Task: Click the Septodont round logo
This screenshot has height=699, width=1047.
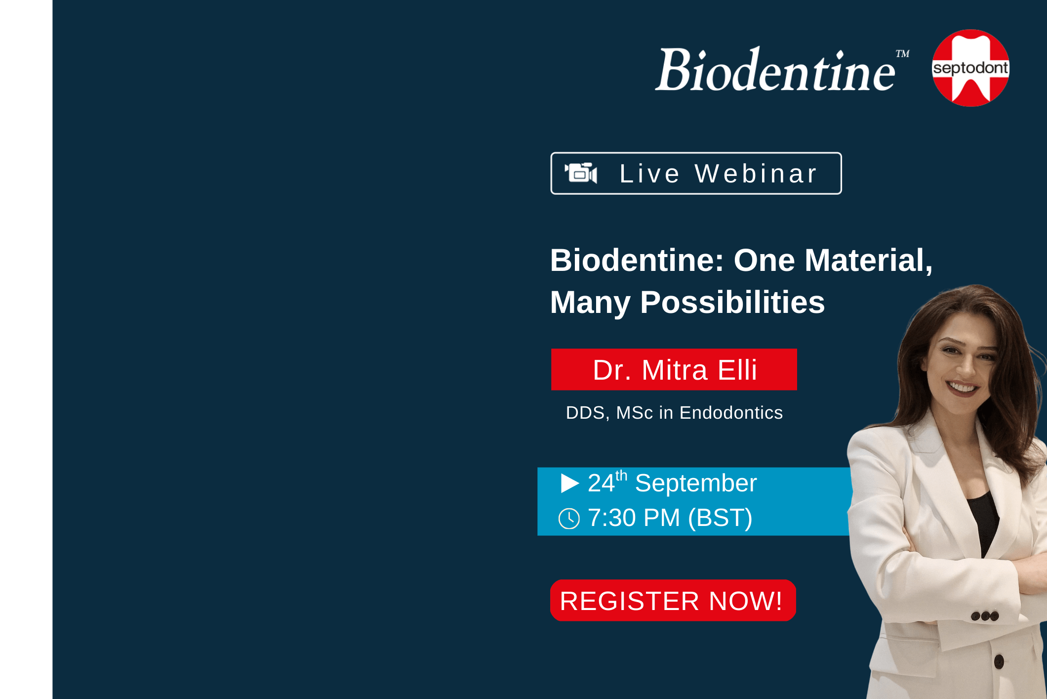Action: tap(970, 68)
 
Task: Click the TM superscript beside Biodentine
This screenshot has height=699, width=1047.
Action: tap(903, 53)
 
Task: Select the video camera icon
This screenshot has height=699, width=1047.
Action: tap(581, 173)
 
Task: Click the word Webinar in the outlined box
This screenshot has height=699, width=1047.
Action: tap(756, 174)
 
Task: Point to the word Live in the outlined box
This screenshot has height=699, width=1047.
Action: tap(649, 174)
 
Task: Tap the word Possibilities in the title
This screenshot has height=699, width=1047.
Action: tap(732, 302)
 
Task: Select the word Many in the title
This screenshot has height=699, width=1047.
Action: tap(590, 303)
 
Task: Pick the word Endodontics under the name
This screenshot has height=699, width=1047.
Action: tap(731, 412)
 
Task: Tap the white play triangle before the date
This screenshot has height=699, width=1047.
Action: tap(570, 483)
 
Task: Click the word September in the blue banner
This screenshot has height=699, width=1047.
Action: tap(696, 483)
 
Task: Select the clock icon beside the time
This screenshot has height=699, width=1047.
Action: tap(569, 519)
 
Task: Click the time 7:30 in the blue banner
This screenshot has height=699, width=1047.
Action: tap(612, 518)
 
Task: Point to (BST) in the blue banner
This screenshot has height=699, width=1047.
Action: tap(720, 518)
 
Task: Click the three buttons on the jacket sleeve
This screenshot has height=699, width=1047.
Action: tap(985, 616)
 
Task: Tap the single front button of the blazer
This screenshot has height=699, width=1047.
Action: tap(999, 661)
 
